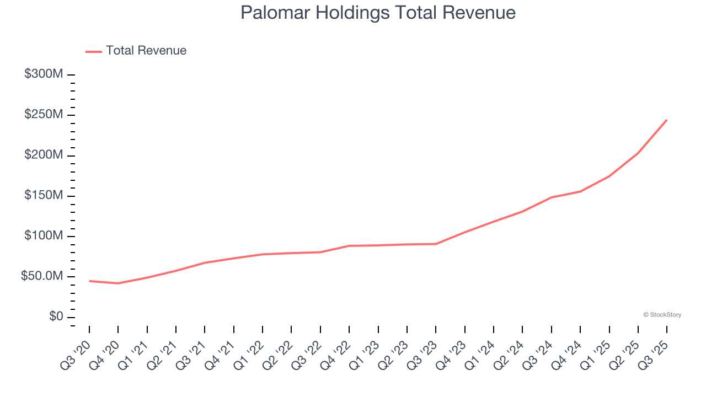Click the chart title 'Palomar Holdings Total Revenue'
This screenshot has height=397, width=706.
click(x=378, y=13)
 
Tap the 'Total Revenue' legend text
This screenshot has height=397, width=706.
click(x=146, y=51)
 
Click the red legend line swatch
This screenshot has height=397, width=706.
click(x=94, y=51)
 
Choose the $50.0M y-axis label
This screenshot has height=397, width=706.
click(x=42, y=276)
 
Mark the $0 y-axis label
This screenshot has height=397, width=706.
click(x=56, y=317)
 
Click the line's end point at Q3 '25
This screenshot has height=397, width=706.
click(x=667, y=120)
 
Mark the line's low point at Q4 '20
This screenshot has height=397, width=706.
click(x=118, y=283)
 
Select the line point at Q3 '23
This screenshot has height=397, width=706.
click(x=436, y=244)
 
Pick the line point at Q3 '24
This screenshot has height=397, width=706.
click(x=552, y=197)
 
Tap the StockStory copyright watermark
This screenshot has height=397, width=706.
click(x=662, y=315)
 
